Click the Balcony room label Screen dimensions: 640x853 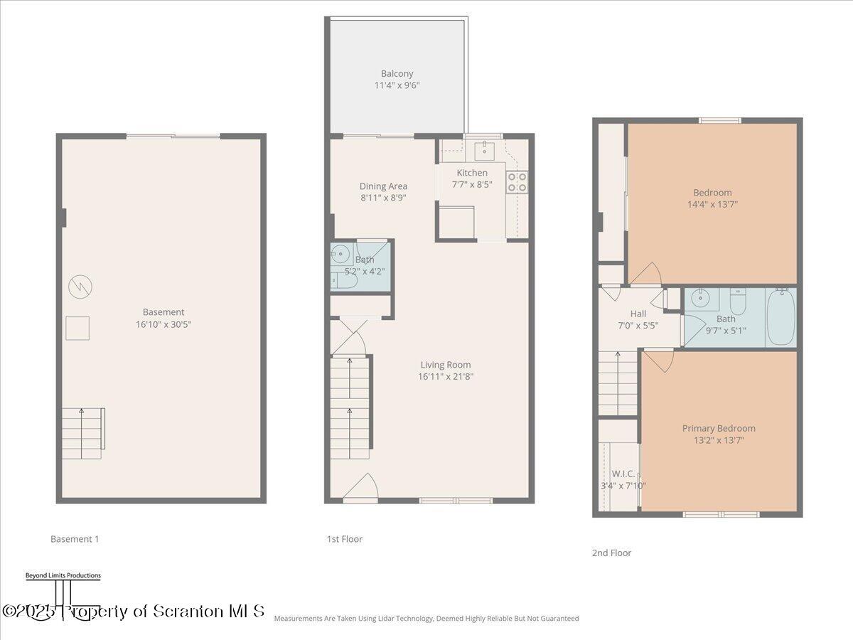pos(397,73)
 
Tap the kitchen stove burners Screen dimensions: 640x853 pos(517,182)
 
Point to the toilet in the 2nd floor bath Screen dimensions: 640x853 pos(739,303)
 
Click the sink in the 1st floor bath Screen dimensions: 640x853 pos(341,254)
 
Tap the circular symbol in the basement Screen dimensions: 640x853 pos(80,287)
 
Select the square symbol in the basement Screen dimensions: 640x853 pos(77,328)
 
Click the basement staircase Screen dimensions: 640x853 pos(82,433)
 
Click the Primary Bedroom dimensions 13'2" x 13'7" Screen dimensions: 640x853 pos(719,440)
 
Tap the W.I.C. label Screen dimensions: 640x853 pos(623,474)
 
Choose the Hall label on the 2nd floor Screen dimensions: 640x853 pos(638,314)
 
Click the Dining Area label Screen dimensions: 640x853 pos(383,186)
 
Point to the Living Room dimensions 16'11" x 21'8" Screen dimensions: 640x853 pos(446,377)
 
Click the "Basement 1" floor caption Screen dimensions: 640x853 pos(75,539)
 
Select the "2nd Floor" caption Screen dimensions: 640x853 pos(611,553)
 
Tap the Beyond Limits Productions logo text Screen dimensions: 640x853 pos(63,575)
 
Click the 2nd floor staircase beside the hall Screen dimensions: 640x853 pos(618,383)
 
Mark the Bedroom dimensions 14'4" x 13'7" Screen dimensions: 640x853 pos(712,204)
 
